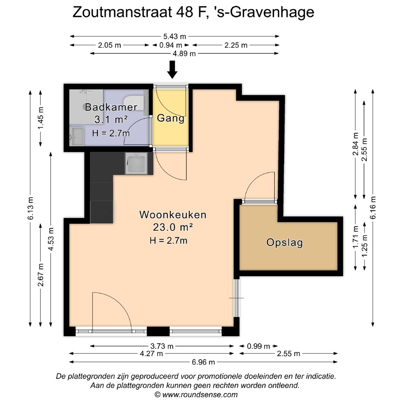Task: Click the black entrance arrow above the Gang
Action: point(172,69)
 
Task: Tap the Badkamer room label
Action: point(111,107)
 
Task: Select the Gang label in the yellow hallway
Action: point(171,118)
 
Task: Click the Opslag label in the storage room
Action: point(284,243)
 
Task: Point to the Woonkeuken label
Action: point(173,215)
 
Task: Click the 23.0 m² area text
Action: point(173,227)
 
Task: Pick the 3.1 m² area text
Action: point(111,119)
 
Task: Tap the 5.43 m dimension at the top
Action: point(175,37)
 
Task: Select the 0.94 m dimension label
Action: point(171,46)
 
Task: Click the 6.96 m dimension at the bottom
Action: point(203,362)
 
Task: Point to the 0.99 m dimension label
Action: point(258,346)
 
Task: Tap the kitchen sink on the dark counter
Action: point(136,164)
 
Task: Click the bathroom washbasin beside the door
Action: point(76,137)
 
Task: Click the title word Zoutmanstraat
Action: point(122,12)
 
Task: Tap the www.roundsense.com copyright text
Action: point(196,394)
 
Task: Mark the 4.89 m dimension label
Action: point(184,54)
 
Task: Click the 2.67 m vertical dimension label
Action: point(41,275)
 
